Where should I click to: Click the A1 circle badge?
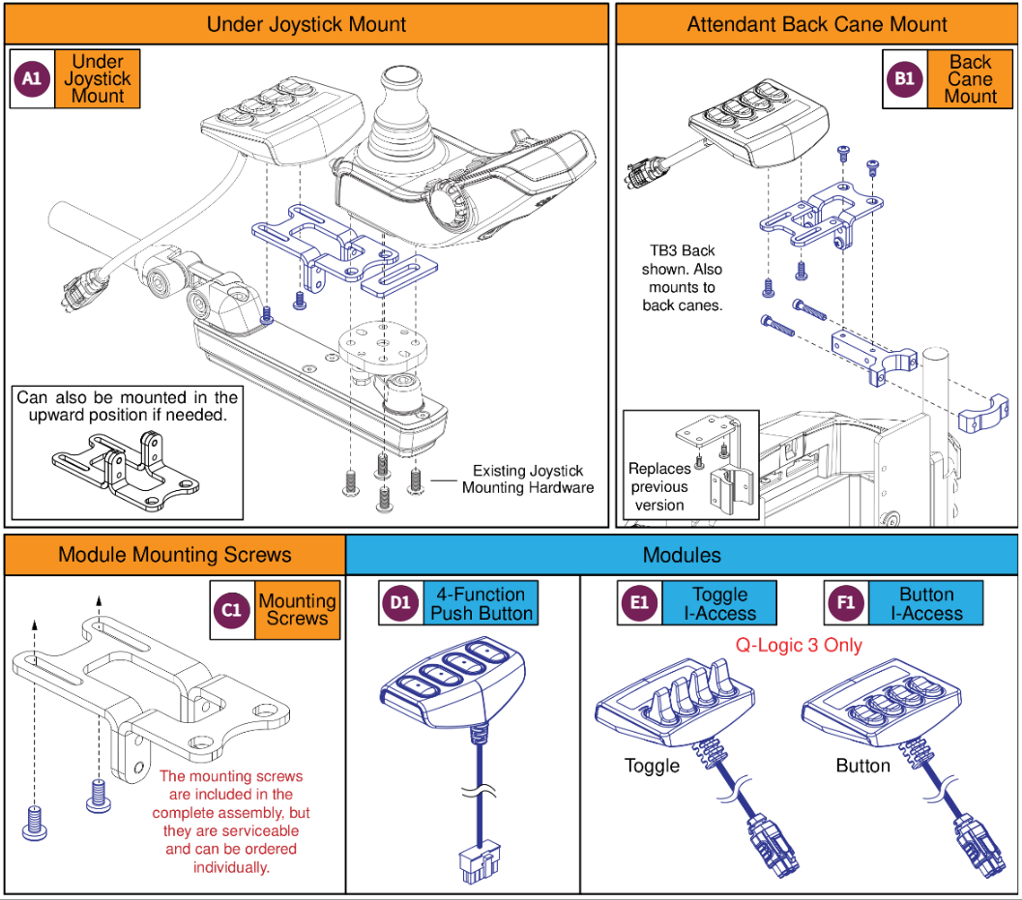32,79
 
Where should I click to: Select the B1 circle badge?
904,79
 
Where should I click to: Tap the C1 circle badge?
231,610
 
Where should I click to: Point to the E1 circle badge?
638,604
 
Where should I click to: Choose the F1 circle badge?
846,604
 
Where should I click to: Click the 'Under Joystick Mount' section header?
307,24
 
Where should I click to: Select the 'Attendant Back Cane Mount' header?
817,24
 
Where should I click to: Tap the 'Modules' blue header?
682,555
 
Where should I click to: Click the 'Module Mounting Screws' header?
175,555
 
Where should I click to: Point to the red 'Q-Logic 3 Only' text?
800,645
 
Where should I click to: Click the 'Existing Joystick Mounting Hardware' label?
527,479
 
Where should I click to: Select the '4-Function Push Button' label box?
480,604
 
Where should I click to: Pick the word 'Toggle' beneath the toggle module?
652,766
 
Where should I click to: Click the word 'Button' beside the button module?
862,766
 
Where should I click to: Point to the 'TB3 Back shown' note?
682,277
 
